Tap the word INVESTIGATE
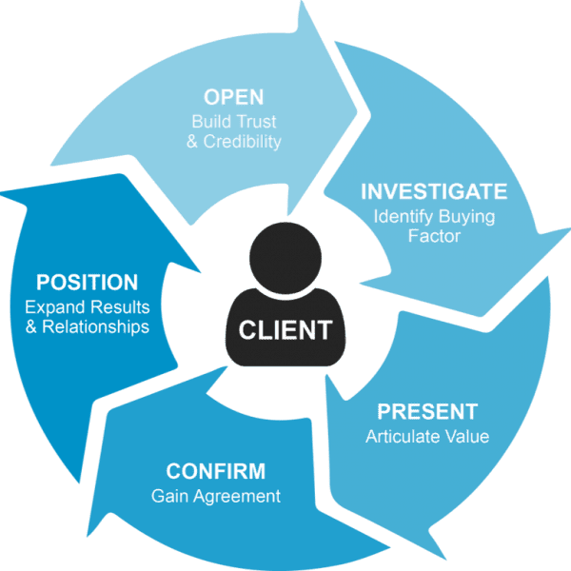click(x=433, y=191)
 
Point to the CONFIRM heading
click(x=215, y=472)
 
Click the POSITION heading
click(x=87, y=283)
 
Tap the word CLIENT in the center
click(x=285, y=330)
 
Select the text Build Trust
click(x=233, y=122)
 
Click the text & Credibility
click(x=233, y=141)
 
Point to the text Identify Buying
click(x=433, y=216)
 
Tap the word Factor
click(x=433, y=235)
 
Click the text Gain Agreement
click(x=215, y=496)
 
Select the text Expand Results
click(x=87, y=307)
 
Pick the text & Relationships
click(x=87, y=326)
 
